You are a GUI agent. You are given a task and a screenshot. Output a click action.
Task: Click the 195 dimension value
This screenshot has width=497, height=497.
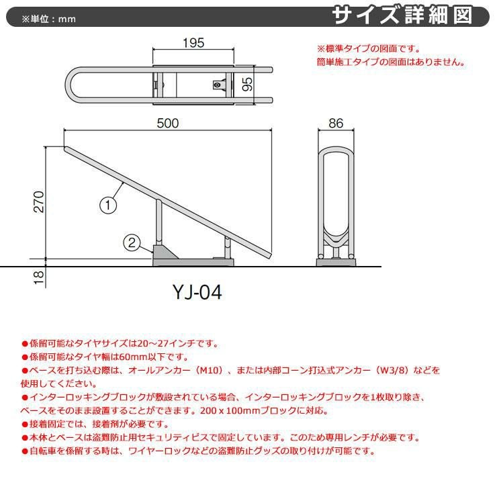point(193,44)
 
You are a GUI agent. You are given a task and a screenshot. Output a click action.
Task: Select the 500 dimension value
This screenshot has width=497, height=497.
point(167,123)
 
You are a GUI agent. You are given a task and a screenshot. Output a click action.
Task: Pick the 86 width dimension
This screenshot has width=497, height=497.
point(337,123)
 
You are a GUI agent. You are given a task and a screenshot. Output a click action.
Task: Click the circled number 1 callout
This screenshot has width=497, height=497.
point(109,204)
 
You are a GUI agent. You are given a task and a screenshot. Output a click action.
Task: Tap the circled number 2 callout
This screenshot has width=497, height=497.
point(133,242)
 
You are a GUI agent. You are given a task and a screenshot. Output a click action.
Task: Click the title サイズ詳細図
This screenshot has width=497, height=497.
point(411,15)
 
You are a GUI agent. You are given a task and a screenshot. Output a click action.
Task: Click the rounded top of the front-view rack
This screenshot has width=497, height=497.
point(336,149)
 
